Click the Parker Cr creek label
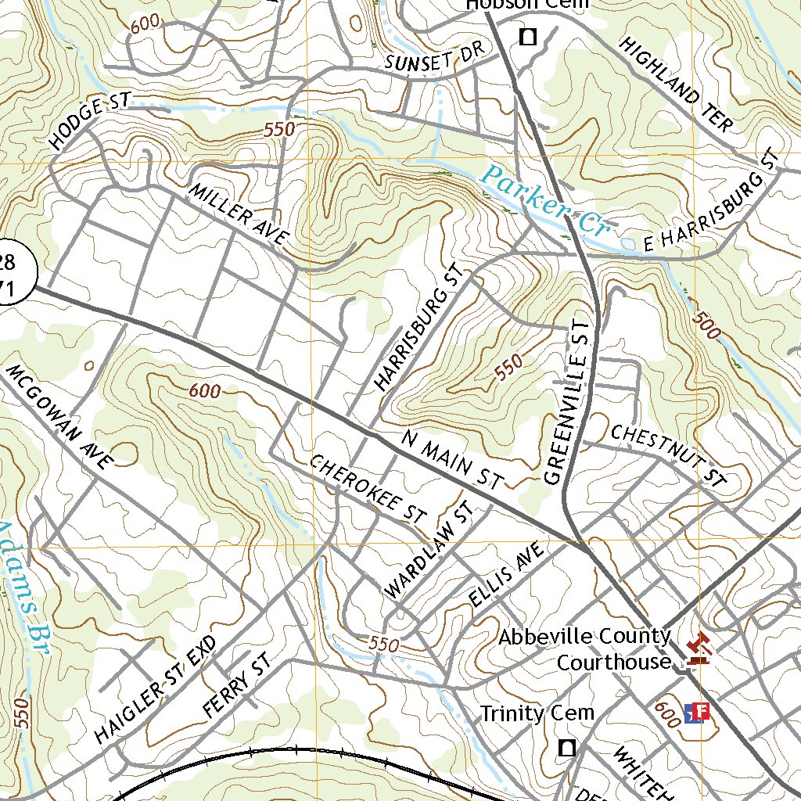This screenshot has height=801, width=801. [545, 201]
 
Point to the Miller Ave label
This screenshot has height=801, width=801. [239, 214]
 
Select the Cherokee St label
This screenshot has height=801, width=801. [368, 490]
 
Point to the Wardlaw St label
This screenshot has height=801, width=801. [429, 551]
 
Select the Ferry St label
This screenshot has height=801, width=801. [235, 688]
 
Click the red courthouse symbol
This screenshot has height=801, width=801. [695, 648]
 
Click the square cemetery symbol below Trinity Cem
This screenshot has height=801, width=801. [567, 748]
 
